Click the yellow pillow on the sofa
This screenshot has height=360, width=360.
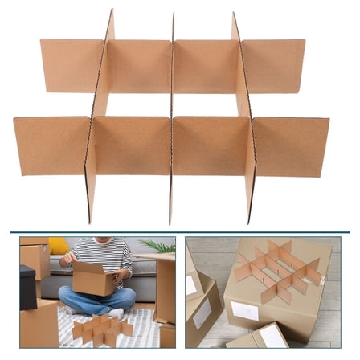[58, 246]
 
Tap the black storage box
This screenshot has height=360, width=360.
[28, 285]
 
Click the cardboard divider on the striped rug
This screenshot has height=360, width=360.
[100, 328]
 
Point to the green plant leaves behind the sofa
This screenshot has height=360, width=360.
[160, 246]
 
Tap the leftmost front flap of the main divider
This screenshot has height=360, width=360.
[50, 145]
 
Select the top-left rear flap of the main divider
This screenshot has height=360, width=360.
[72, 64]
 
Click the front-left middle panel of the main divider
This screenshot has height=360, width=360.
[131, 145]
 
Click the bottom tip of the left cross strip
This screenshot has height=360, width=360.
[90, 221]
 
